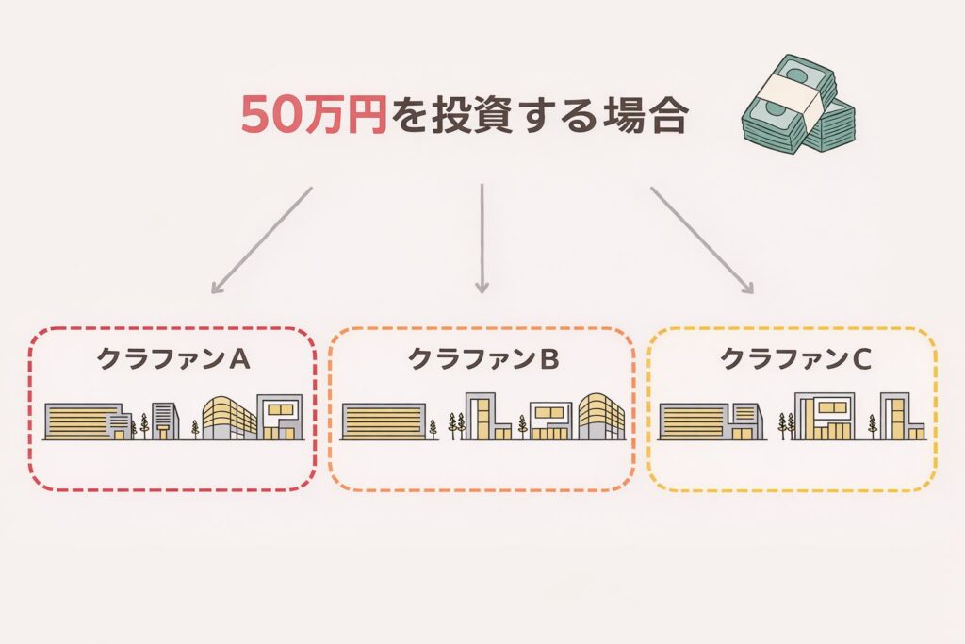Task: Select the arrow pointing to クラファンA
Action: tap(261, 239)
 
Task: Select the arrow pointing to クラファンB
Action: tap(482, 238)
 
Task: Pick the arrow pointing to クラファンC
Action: tap(702, 239)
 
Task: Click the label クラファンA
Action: tap(172, 359)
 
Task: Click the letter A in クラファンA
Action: tap(239, 359)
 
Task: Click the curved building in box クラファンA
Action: tap(230, 418)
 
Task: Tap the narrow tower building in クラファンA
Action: tap(164, 421)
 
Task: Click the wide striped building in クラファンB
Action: tap(383, 421)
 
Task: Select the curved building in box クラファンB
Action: tap(601, 417)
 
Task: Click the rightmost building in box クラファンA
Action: tap(281, 418)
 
